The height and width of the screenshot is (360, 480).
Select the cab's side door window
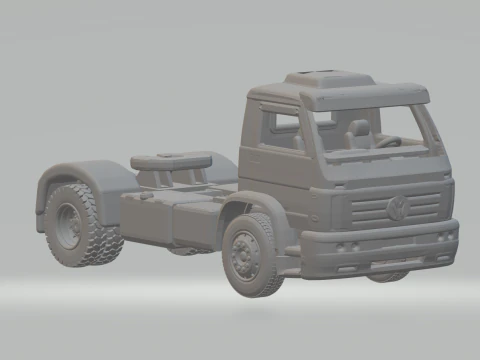point(279,128)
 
